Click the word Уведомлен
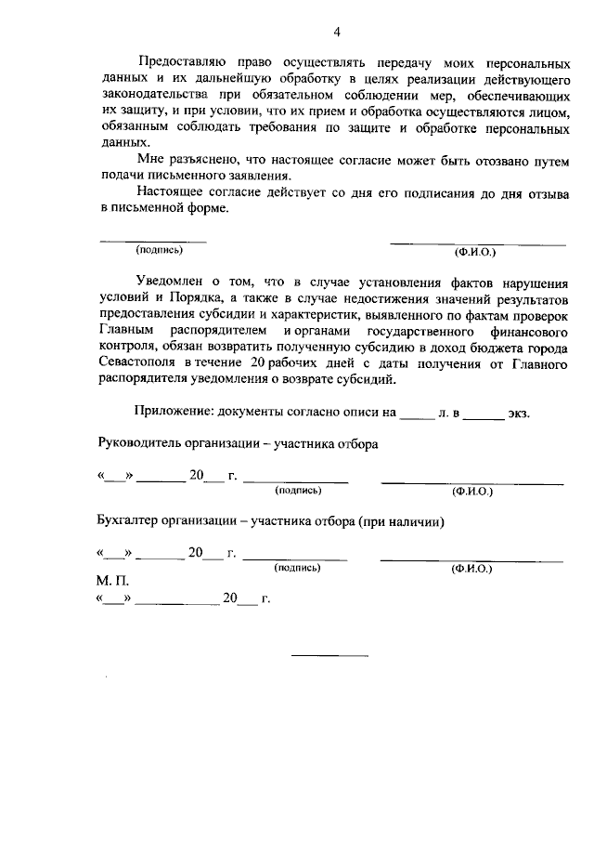pyautogui.click(x=168, y=280)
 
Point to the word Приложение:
pyautogui.click(x=176, y=410)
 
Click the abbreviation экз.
pyautogui.click(x=518, y=411)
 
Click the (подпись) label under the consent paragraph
pyautogui.click(x=159, y=249)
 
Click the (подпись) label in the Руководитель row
pyautogui.click(x=299, y=490)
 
